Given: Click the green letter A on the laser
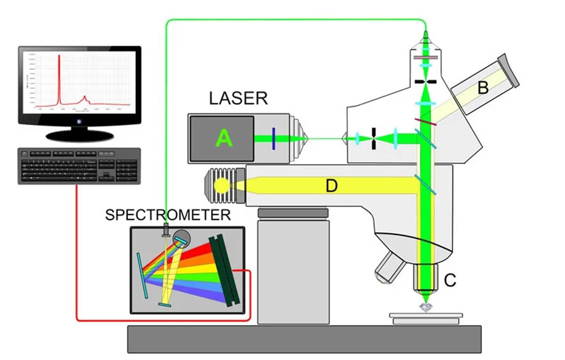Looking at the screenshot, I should click(224, 139).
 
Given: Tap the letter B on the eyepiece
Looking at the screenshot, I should click(482, 88).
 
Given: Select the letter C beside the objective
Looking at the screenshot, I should click(450, 280).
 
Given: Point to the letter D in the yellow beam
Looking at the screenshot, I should click(332, 186).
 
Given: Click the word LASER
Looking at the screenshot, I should click(238, 99).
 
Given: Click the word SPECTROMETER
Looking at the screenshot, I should click(168, 215).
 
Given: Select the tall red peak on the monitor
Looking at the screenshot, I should click(59, 78).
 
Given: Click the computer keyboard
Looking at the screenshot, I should click(79, 166).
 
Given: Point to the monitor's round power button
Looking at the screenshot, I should click(79, 121).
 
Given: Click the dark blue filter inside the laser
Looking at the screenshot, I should click(273, 139).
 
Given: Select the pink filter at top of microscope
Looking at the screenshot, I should click(426, 58).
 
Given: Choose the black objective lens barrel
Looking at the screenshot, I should click(426, 278).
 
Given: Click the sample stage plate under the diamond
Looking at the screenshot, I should click(426, 317).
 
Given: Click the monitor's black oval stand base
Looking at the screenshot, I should click(80, 136).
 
